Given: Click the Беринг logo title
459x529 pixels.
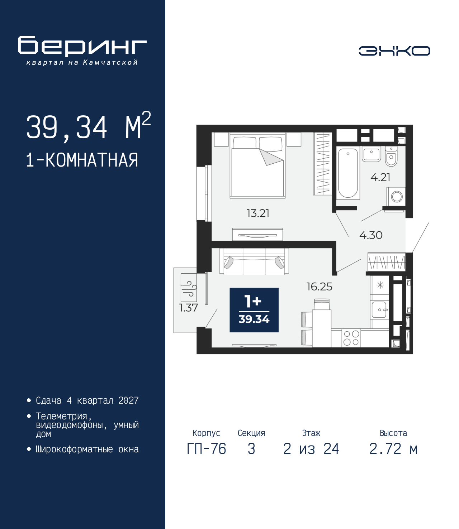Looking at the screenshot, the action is (x=82, y=46).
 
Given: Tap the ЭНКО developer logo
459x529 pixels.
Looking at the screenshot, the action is (x=394, y=51).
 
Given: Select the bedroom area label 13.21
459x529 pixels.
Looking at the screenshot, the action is (x=258, y=213).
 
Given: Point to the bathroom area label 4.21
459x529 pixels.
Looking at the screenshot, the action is (x=380, y=177).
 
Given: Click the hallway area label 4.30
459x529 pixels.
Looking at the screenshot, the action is (x=371, y=235).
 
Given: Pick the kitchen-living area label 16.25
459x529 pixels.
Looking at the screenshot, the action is (x=319, y=287).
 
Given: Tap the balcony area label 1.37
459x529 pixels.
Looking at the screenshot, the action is (x=189, y=308).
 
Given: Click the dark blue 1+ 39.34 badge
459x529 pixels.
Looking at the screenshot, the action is (x=254, y=310).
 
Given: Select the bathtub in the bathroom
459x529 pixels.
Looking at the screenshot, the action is (x=348, y=173).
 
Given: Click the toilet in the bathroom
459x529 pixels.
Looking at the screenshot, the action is (x=391, y=156).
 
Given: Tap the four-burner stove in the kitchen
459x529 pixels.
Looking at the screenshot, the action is (x=351, y=338).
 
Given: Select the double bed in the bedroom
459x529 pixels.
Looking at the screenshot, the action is (x=257, y=165).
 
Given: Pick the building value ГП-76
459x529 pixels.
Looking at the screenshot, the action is (x=206, y=449).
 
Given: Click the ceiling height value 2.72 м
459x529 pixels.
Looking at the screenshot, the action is (x=393, y=449).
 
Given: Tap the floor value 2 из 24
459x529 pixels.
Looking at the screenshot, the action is (x=311, y=449).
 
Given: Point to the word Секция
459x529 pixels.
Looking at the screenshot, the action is (x=251, y=433).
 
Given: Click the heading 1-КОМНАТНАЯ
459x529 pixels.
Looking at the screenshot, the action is (x=82, y=160).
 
